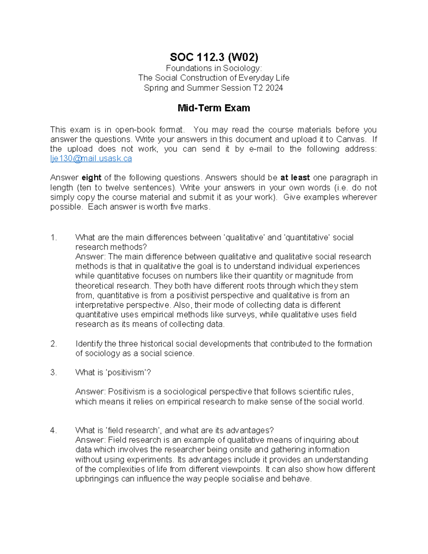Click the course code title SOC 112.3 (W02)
[214, 57]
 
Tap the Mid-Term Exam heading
[214, 108]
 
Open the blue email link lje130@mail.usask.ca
[91, 159]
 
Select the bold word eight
[92, 178]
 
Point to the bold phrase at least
[295, 178]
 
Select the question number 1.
[53, 238]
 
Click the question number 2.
[53, 344]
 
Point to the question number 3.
[53, 373]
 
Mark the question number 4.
[53, 431]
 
